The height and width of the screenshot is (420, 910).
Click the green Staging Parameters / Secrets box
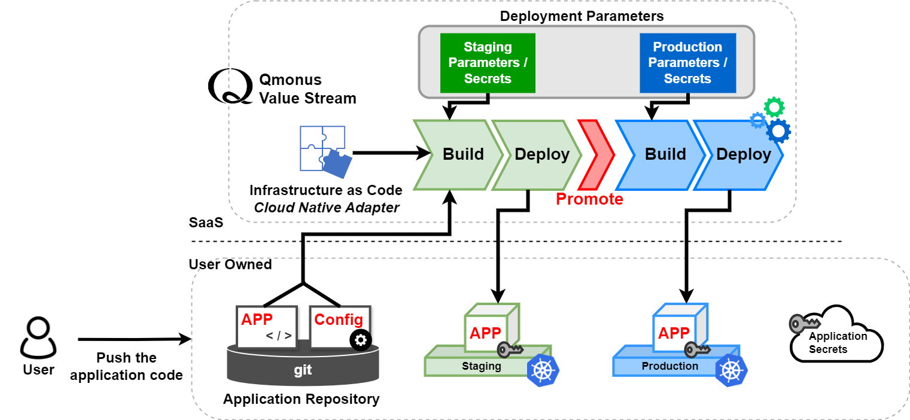coord(488,63)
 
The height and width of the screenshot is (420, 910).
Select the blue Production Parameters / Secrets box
coord(687,63)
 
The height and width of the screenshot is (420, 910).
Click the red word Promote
coord(589,199)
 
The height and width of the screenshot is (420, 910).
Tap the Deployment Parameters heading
coord(582,16)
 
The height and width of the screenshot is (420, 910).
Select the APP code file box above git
coord(267,327)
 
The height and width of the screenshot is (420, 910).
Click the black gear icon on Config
coord(360,340)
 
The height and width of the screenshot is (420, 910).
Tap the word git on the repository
coord(303,370)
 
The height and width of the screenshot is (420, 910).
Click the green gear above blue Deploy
coord(774,107)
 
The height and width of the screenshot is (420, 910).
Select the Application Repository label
coord(301,399)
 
